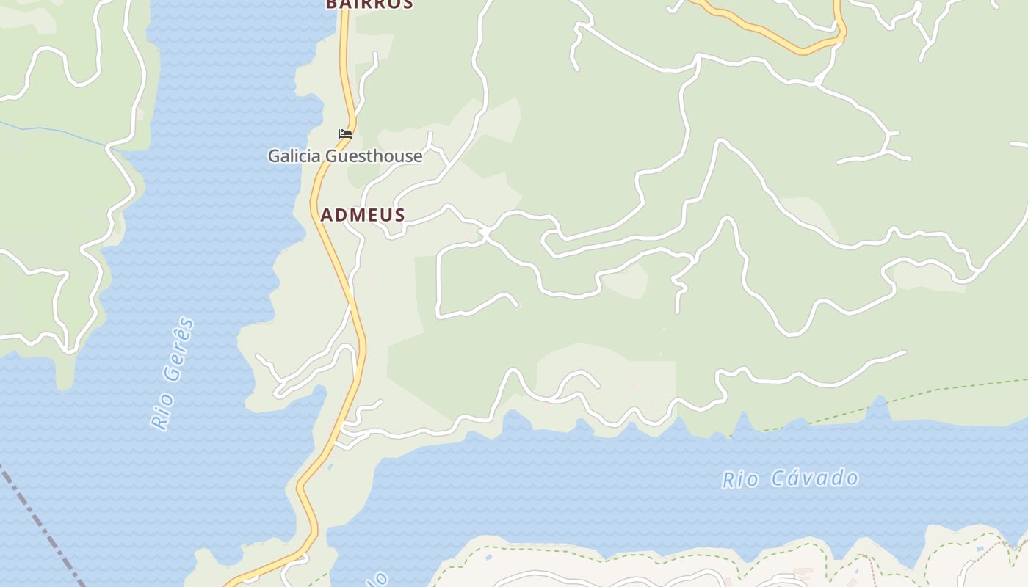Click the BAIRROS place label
(369, 4)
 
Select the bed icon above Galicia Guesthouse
(345, 134)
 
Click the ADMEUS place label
(363, 215)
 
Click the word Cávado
(815, 478)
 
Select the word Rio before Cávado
(740, 481)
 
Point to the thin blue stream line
(59, 133)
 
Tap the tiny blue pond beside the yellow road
(330, 467)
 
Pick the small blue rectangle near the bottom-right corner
(980, 550)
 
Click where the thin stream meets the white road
(110, 147)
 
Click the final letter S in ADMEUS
(399, 215)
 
